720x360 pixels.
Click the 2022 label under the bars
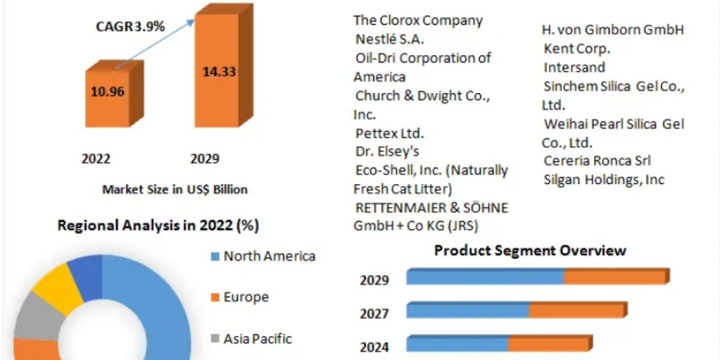click(x=96, y=159)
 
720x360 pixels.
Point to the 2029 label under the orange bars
click(x=205, y=159)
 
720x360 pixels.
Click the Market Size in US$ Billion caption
click(x=175, y=190)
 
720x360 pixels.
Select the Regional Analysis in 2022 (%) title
click(x=158, y=226)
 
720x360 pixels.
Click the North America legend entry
click(x=269, y=256)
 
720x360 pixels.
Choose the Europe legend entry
click(x=246, y=297)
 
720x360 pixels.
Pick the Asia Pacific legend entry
click(x=257, y=338)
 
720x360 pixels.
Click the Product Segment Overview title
click(x=530, y=250)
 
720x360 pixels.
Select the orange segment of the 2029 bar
click(x=614, y=277)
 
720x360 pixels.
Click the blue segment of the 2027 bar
click(x=468, y=311)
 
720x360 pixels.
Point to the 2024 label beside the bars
click(x=374, y=347)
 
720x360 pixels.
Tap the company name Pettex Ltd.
click(x=389, y=133)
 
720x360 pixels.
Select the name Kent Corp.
click(x=577, y=48)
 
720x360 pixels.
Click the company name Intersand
click(x=574, y=67)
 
